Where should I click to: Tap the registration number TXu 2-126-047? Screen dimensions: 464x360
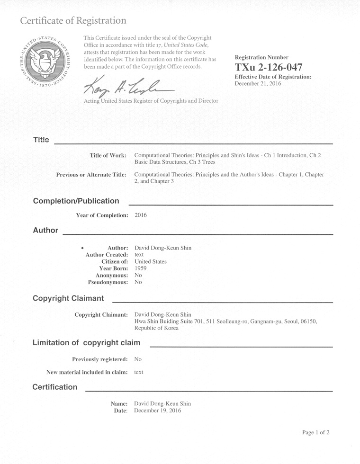pos(268,67)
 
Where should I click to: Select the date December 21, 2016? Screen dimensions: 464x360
pos(258,83)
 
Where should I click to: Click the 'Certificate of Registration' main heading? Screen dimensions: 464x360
pos(73,21)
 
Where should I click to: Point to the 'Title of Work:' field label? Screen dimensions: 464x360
pos(108,155)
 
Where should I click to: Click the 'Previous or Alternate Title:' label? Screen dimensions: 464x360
pos(91,175)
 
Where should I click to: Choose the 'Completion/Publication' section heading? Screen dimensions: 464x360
pos(76,201)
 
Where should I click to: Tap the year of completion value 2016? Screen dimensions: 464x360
pos(141,215)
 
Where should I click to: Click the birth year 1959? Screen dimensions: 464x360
pos(141,268)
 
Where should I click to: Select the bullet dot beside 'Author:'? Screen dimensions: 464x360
pos(83,248)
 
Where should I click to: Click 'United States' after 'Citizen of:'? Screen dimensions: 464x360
pos(151,261)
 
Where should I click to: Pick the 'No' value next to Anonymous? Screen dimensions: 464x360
pos(138,275)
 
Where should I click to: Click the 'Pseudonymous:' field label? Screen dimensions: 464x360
pos(108,282)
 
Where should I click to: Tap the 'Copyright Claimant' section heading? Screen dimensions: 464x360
pos(68,298)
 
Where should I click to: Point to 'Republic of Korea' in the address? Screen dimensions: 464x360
pos(156,328)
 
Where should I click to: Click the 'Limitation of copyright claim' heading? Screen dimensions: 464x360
pos(86,342)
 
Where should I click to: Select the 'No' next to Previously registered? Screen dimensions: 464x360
pos(138,359)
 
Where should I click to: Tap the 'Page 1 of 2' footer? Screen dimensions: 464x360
pos(315,432)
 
